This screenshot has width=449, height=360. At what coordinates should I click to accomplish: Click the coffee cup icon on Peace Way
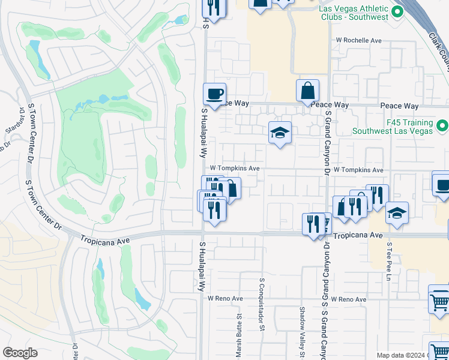(x=214, y=94)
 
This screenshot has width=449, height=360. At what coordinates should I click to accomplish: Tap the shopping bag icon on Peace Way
(x=307, y=91)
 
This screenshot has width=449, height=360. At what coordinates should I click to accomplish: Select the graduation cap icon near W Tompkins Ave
(x=280, y=133)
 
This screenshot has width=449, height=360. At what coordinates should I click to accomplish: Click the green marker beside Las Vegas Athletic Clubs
(x=397, y=12)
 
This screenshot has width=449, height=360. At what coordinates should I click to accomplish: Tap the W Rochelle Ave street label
(x=359, y=40)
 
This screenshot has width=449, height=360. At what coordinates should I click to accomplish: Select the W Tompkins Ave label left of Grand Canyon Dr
(x=234, y=169)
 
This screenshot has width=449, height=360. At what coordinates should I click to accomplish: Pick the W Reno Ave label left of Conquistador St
(x=225, y=298)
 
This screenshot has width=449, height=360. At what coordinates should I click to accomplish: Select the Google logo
(x=20, y=353)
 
